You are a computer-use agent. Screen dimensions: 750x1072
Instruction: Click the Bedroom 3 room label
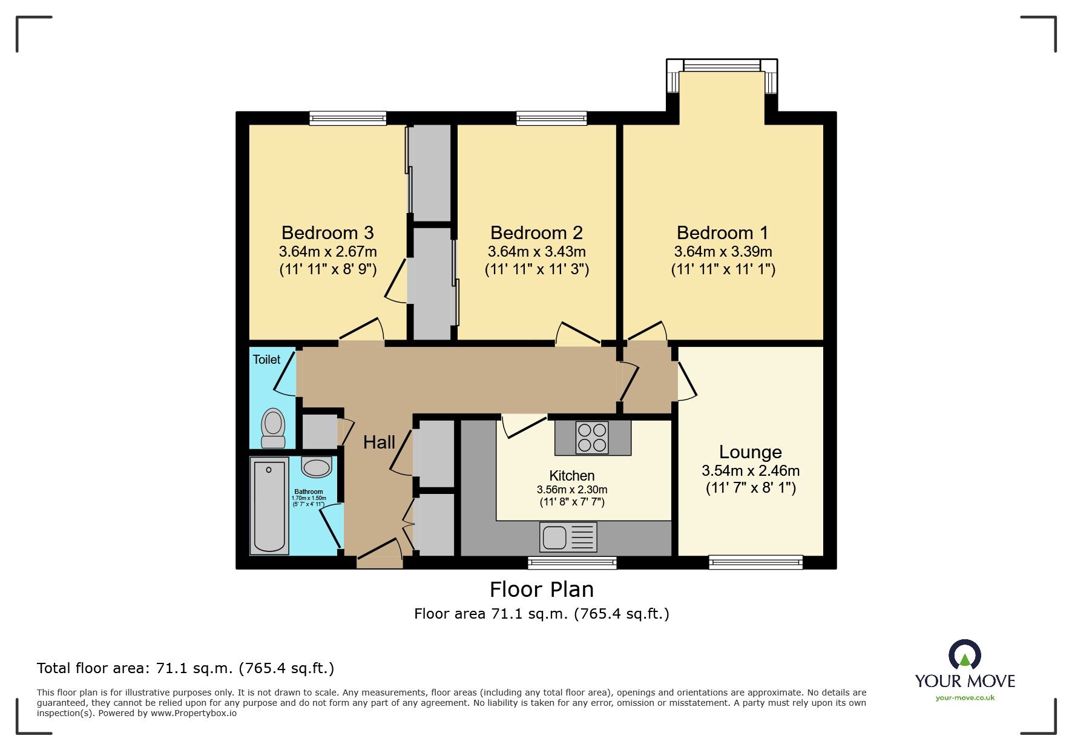[x=327, y=233]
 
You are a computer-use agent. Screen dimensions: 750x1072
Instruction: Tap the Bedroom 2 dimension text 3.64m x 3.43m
[x=536, y=252]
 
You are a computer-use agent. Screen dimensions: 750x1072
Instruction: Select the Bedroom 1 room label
[x=722, y=233]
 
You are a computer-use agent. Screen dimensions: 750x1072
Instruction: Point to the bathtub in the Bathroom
[x=269, y=507]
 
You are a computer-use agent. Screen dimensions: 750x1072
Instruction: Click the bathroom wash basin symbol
[x=317, y=467]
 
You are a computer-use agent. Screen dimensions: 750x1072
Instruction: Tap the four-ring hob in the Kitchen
[x=592, y=438]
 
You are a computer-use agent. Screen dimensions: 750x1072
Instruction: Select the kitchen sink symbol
[x=568, y=537]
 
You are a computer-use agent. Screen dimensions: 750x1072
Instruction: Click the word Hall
[x=379, y=442]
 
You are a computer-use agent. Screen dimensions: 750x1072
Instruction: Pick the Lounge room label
[x=750, y=452]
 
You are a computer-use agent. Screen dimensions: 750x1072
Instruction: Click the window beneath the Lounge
[x=755, y=562]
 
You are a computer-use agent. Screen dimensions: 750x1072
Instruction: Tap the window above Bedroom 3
[x=347, y=118]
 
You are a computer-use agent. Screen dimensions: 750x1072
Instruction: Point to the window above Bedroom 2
[x=551, y=118]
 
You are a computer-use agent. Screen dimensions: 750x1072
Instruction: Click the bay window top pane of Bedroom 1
[x=722, y=65]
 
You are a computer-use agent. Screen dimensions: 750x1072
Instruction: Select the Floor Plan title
[x=541, y=589]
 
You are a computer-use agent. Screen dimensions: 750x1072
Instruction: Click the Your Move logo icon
[x=964, y=655]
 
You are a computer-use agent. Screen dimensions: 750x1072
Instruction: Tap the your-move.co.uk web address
[x=965, y=698]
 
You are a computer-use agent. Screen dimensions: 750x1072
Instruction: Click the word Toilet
[x=266, y=360]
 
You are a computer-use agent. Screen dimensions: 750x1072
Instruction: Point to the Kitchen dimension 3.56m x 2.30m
[x=571, y=490]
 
